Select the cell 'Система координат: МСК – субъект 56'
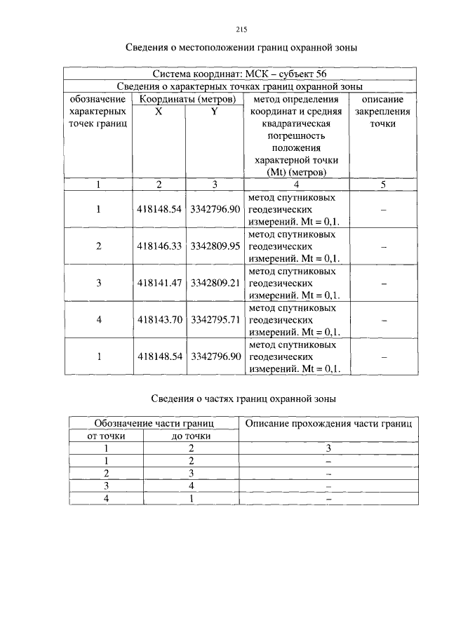click(239, 74)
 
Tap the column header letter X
click(159, 112)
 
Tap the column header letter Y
click(215, 112)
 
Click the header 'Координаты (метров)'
click(187, 99)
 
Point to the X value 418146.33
click(160, 246)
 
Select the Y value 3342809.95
click(215, 246)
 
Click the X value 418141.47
click(160, 283)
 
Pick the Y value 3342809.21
click(215, 283)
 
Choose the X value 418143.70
click(160, 319)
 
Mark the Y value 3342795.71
click(215, 319)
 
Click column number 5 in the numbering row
click(383, 185)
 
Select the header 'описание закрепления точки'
click(383, 112)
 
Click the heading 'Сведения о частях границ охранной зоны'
click(244, 399)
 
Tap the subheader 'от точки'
click(106, 436)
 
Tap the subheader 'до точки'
click(191, 436)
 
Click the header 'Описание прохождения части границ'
click(328, 423)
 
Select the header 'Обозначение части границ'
click(154, 423)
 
